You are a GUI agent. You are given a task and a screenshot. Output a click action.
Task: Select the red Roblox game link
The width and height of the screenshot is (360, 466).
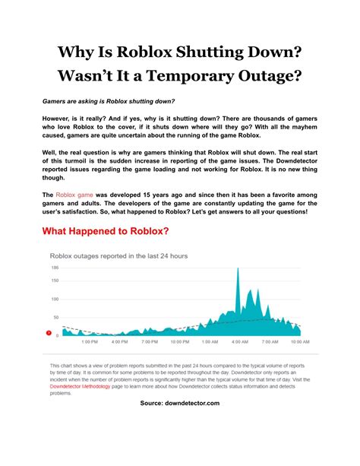[x=73, y=195]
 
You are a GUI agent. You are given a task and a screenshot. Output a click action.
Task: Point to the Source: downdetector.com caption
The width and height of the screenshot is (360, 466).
[x=179, y=403]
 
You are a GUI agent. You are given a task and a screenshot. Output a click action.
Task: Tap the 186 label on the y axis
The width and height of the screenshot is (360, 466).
[x=55, y=268]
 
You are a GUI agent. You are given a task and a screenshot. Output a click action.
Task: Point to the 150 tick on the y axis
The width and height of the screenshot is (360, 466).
[x=55, y=281]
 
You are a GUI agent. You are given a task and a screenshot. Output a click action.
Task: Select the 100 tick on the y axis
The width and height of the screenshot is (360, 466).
[x=55, y=299]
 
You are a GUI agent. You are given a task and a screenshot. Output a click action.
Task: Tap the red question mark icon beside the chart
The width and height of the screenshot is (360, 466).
[x=49, y=333]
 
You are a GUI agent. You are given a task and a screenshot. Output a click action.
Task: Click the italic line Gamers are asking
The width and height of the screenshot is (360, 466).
[x=108, y=101]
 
